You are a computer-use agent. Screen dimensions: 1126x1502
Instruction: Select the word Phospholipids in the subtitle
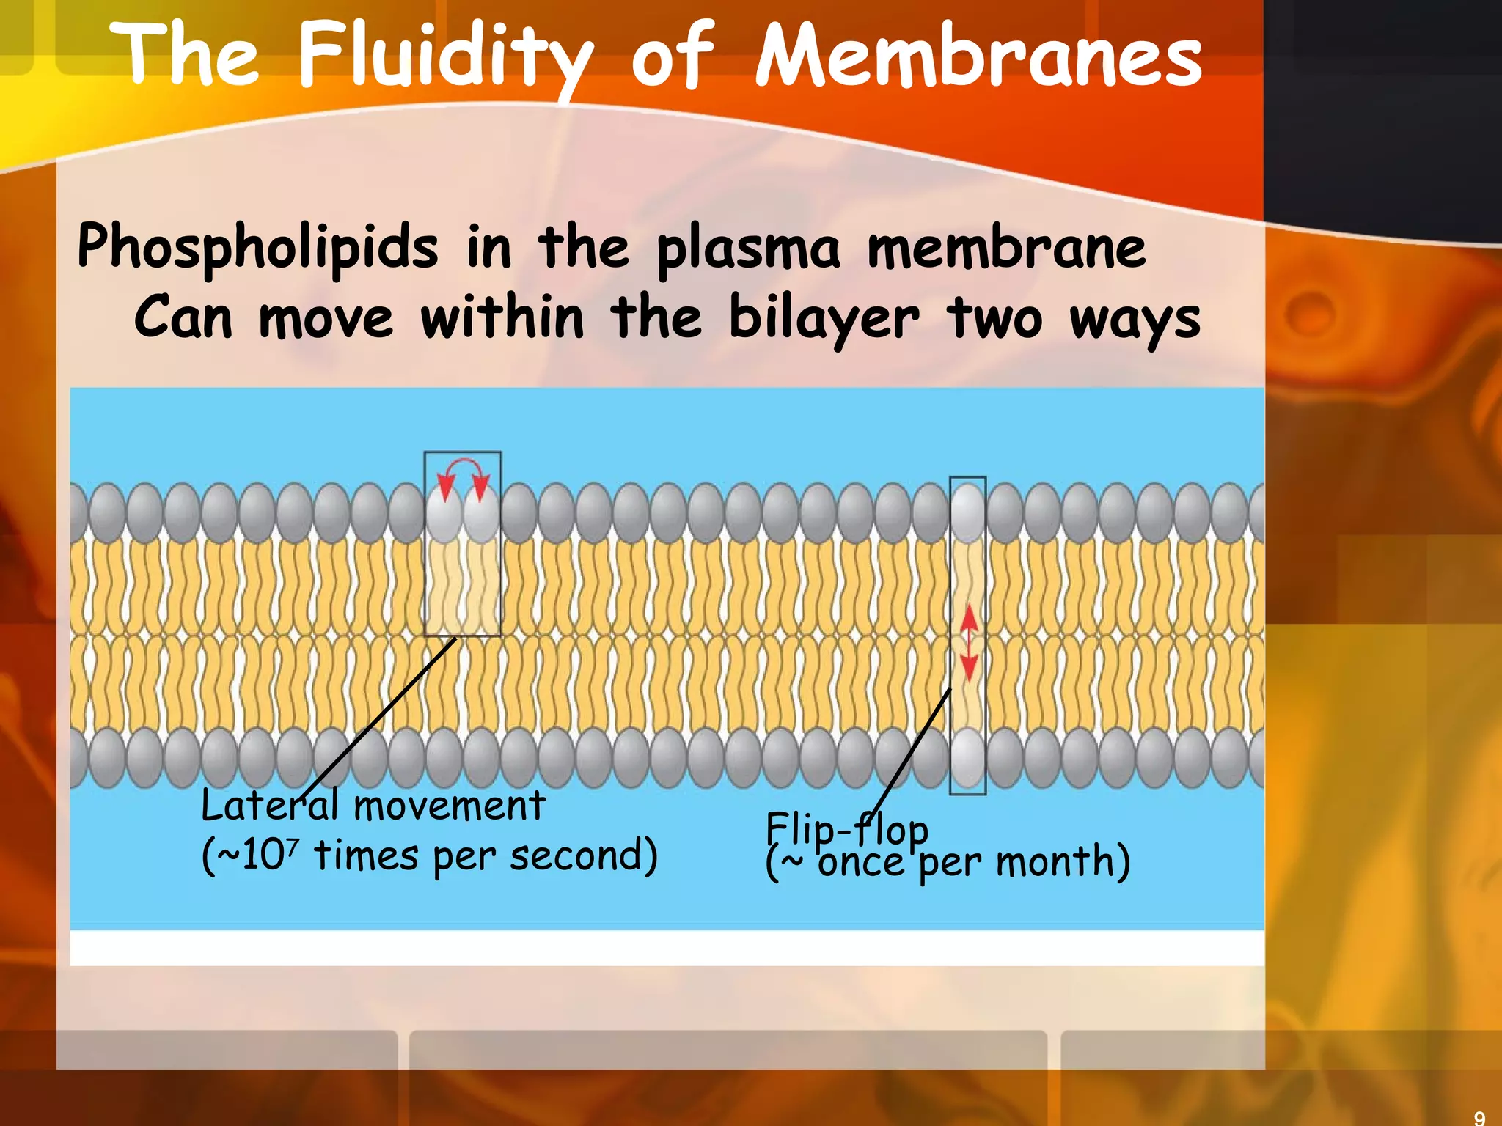click(x=257, y=247)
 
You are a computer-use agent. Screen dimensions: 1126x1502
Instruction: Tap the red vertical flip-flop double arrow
click(x=969, y=643)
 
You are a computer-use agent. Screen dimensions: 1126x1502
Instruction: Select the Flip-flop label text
click(x=847, y=829)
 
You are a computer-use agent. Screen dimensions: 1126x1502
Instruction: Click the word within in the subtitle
click(x=502, y=318)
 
